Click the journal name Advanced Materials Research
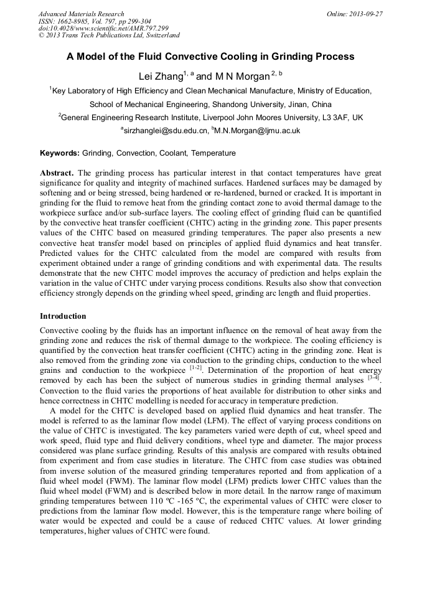tap(81, 14)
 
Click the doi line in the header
tap(103, 28)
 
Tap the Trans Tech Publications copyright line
tap(109, 35)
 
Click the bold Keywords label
tap(59, 153)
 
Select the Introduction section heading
tap(63, 316)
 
